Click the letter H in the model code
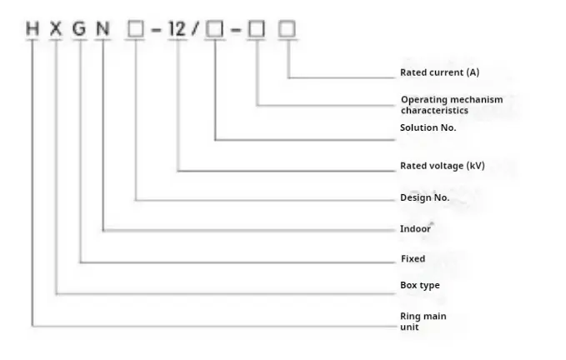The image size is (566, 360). [33, 30]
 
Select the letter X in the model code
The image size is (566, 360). [56, 30]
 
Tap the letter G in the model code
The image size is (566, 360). [79, 30]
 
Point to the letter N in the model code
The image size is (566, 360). [103, 30]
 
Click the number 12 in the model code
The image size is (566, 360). [178, 30]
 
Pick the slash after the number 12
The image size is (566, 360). [198, 30]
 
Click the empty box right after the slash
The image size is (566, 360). [215, 30]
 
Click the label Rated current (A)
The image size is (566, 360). [439, 72]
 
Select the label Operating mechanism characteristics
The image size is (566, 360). [451, 105]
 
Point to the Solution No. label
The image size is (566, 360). [428, 127]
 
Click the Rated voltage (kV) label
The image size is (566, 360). [442, 166]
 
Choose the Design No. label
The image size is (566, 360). [424, 197]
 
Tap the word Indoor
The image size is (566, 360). [415, 228]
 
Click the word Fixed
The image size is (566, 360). [413, 258]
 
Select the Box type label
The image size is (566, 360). [419, 285]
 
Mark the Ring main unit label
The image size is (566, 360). [423, 321]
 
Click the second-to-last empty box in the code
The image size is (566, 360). [258, 30]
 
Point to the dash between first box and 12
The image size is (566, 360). [156, 31]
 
